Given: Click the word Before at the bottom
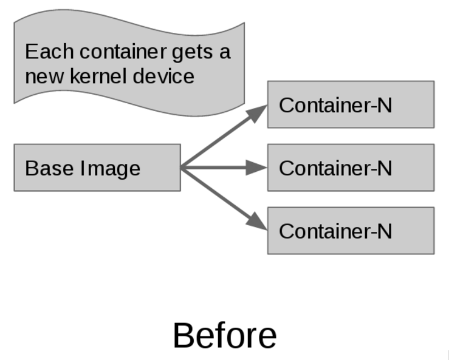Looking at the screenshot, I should (225, 336).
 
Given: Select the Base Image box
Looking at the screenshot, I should (97, 168).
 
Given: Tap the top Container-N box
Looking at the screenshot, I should (351, 104).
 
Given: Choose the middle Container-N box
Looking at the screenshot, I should (351, 168).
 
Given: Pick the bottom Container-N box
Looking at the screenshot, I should (351, 231).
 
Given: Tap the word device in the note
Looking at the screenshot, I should (164, 76).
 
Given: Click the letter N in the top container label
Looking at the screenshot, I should (384, 104).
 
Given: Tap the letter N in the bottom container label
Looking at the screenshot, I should (384, 231).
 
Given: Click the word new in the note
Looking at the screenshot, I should (41, 77).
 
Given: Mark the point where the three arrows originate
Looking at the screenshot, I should (182, 168).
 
